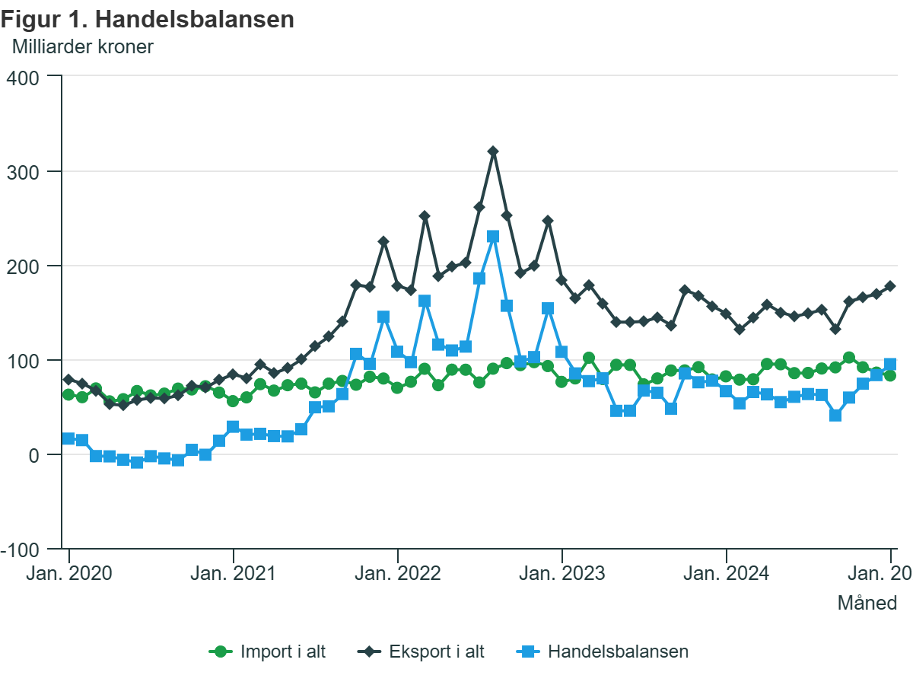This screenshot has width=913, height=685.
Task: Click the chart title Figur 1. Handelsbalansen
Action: point(148,20)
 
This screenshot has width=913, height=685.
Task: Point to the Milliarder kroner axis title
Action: point(83,47)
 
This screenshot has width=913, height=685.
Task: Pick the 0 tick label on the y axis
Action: point(33,455)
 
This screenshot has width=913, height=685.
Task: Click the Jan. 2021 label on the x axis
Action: point(234,572)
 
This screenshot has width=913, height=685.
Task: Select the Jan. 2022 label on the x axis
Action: point(398,572)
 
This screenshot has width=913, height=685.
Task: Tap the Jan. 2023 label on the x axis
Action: point(562,572)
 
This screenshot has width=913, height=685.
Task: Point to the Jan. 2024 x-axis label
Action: point(727,572)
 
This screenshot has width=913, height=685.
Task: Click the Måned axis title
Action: point(867,604)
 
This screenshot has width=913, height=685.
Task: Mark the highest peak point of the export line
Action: point(493,151)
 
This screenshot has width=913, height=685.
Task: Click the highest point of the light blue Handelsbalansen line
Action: point(493,237)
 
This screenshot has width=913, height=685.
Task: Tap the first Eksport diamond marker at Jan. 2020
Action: point(68,379)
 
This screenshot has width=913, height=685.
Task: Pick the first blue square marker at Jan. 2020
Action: point(68,438)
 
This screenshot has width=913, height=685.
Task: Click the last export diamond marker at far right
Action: point(890,286)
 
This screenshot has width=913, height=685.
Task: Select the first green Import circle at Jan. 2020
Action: point(68,394)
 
